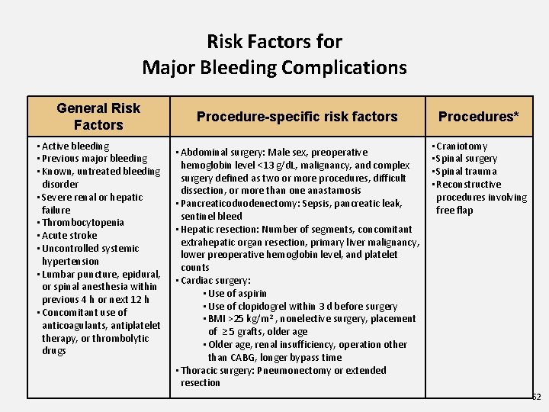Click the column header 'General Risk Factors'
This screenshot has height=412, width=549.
[98, 116]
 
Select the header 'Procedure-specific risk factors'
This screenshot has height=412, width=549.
[297, 117]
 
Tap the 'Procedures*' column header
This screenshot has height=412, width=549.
[478, 117]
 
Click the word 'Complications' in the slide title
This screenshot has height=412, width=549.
[344, 67]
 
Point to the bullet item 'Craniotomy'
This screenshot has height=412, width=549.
[462, 146]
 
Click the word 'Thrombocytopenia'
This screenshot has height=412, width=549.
[83, 223]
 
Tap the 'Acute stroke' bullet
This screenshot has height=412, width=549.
[69, 236]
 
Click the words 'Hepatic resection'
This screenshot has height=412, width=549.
[213, 229]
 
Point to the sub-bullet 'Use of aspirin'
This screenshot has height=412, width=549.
[238, 293]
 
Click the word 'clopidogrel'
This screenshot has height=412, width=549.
[267, 306]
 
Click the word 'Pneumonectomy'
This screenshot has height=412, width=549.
[291, 370]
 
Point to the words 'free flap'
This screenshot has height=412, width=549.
[454, 210]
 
